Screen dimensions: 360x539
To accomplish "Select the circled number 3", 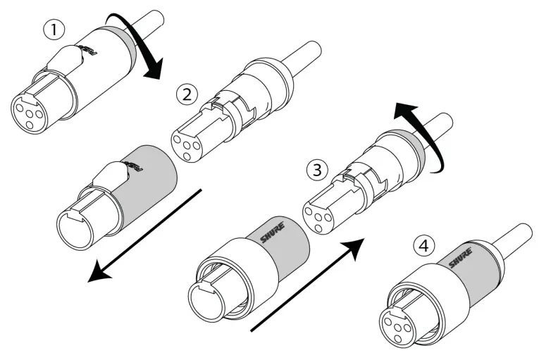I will (x=318, y=169).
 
